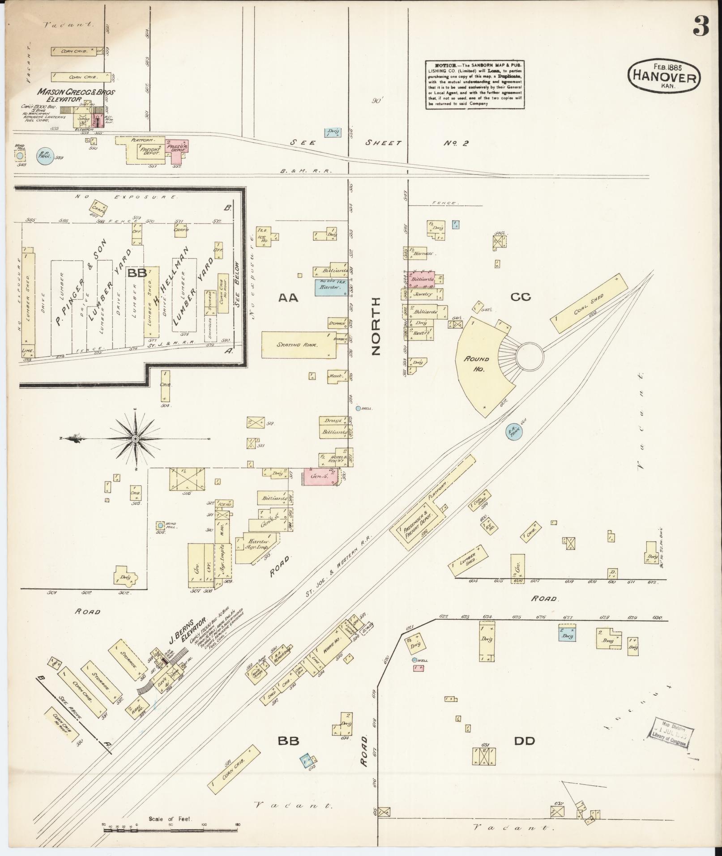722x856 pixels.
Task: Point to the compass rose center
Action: [x=134, y=439]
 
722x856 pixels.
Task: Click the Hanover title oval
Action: [x=664, y=77]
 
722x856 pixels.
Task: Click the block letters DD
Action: [x=524, y=741]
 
